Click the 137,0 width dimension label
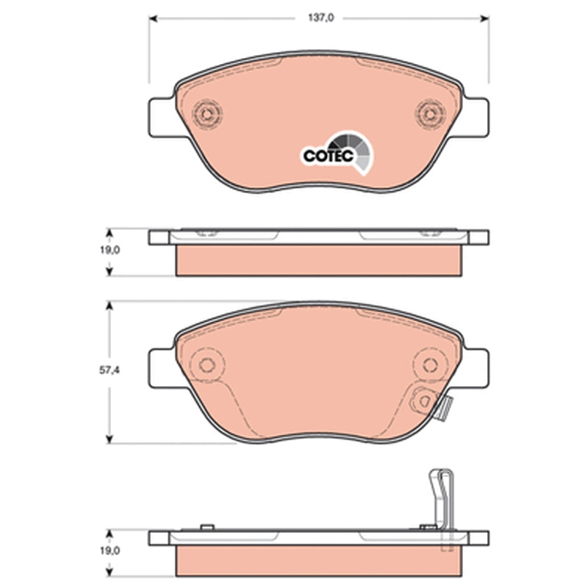pos(321,18)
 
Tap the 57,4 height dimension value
pos(109,370)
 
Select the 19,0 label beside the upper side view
pos(110,250)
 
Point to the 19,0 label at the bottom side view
pos(110,551)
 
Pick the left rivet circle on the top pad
pos(207,113)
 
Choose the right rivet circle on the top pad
pos(430,113)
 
